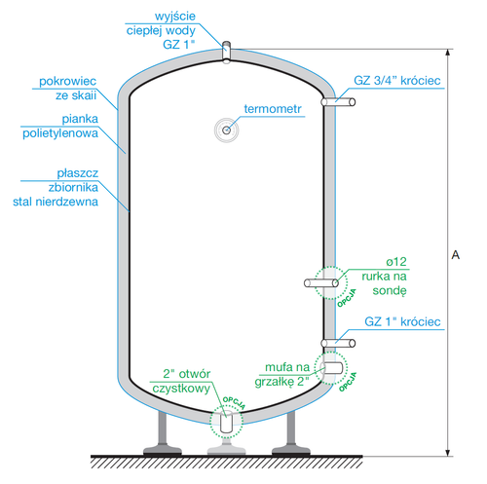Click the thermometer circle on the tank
pyautogui.click(x=227, y=129)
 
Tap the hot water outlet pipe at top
pyautogui.click(x=226, y=51)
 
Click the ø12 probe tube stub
pyautogui.click(x=323, y=283)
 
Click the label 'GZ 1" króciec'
pyautogui.click(x=402, y=321)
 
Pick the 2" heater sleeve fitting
pyautogui.click(x=332, y=368)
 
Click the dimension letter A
pyautogui.click(x=455, y=255)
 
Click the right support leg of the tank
pyautogui.click(x=290, y=431)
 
